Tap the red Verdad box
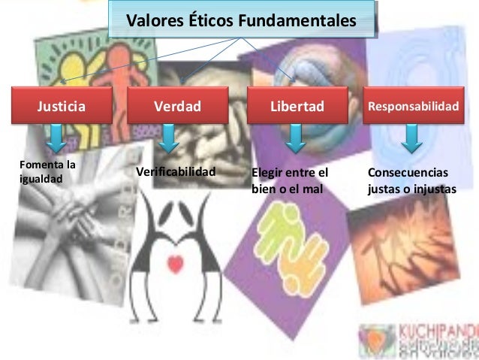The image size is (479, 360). pos(178,106)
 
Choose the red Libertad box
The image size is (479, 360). pos(298,106)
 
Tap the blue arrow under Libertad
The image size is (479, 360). pos(295,138)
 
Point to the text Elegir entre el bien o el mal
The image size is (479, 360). pos(291,180)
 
